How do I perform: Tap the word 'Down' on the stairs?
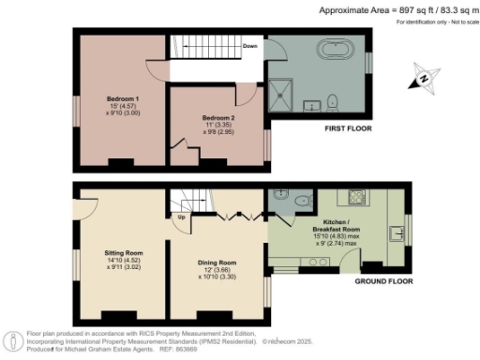click(249, 45)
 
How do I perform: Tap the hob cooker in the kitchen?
click(357, 198)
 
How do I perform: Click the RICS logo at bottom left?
click(14, 340)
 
